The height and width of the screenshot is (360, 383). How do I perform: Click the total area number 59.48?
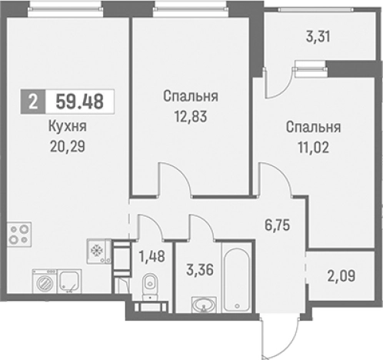(x=80, y=102)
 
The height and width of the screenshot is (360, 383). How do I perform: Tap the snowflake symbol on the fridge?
(x=97, y=251)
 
